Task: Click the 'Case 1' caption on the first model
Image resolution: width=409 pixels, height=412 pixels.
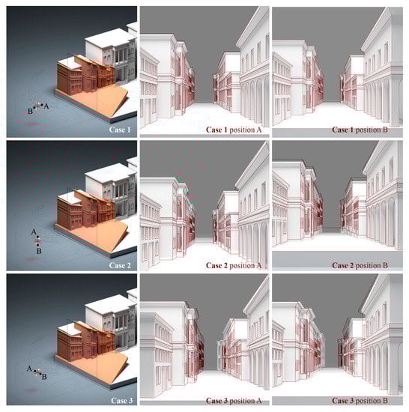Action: pos(120,130)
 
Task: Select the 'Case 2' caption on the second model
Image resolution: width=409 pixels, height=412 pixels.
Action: pos(120,265)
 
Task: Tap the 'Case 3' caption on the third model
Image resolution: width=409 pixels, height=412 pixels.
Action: pos(121,401)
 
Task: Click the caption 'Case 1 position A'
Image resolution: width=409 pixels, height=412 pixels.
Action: pos(234,130)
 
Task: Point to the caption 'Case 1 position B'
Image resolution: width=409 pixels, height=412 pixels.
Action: pos(360,130)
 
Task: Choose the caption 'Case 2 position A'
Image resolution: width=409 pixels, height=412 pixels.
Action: pos(234,265)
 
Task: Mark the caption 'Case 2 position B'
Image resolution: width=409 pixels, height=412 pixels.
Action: pos(360,265)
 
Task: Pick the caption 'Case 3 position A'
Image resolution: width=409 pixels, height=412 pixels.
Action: pos(234,401)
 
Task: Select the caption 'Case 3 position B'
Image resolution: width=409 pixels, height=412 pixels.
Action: pos(360,401)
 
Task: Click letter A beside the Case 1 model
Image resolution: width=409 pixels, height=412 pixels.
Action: pos(46,106)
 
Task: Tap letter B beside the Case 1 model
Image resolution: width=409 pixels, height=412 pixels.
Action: pos(30,112)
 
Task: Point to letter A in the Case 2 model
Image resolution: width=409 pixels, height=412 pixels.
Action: pos(34,232)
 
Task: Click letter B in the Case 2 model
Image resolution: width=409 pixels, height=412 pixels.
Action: pos(39,251)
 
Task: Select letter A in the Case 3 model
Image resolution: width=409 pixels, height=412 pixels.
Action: pos(29,369)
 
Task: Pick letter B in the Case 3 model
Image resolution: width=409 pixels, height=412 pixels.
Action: pos(44,377)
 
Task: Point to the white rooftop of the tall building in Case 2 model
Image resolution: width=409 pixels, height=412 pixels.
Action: pos(110,172)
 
